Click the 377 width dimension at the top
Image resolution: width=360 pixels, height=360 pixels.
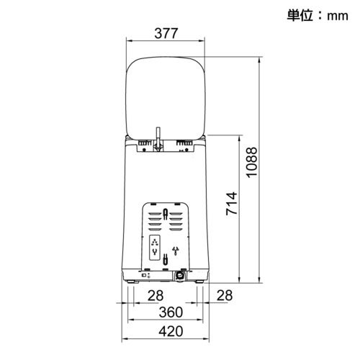[166, 33]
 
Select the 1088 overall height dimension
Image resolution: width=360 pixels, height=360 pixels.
[252, 163]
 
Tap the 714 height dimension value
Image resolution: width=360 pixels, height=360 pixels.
[232, 203]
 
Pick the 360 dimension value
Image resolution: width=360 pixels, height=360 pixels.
[171, 312]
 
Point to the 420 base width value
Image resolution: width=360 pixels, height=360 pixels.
[171, 331]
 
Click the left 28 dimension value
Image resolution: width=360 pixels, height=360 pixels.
[156, 295]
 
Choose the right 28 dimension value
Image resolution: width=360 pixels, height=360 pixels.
[225, 295]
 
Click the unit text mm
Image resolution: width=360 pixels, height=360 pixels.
[338, 16]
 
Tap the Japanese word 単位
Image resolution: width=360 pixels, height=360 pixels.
[300, 15]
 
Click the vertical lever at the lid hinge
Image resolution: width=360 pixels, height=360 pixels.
[158, 138]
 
